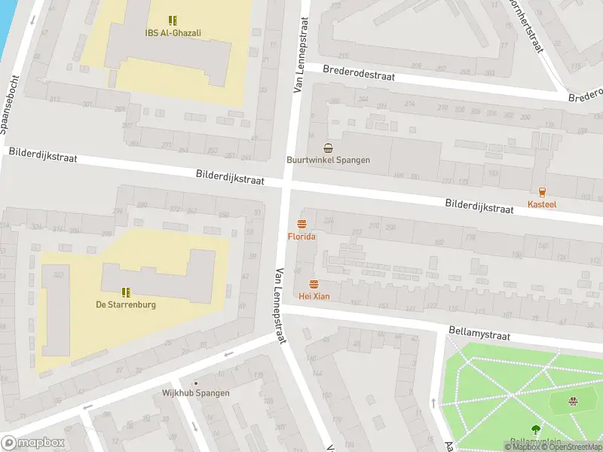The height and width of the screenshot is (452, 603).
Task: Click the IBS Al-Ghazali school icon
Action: click(x=173, y=20)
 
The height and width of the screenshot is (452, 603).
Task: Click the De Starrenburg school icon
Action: click(x=125, y=292)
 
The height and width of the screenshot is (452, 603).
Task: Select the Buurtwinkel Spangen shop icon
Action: click(x=328, y=147)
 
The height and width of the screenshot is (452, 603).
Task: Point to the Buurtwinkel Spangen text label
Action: click(x=328, y=160)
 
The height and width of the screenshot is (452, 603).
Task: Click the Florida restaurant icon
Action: click(x=301, y=223)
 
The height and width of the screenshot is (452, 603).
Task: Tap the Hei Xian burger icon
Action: click(x=314, y=283)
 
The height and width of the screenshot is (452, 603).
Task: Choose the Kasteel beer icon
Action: click(x=542, y=192)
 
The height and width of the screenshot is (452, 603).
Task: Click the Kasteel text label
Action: click(x=542, y=205)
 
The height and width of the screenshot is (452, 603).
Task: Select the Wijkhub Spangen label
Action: click(x=196, y=393)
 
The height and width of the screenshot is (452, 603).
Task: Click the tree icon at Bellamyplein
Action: click(x=535, y=429)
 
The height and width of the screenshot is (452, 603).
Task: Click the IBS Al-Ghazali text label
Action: click(x=173, y=33)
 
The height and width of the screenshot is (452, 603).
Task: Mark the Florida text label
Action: click(x=301, y=237)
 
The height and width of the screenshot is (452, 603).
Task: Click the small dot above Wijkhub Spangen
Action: click(x=196, y=383)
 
